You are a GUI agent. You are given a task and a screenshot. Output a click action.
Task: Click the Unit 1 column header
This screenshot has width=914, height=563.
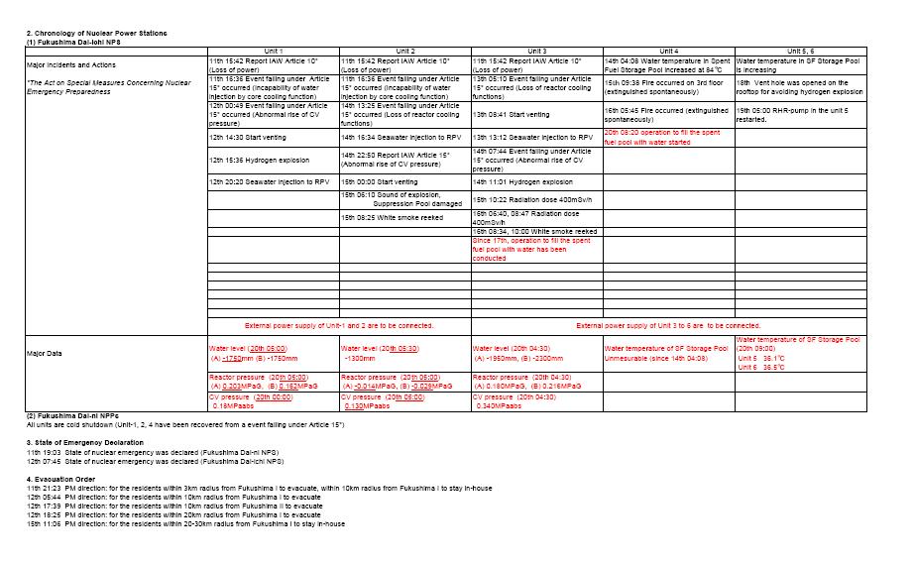point(274,51)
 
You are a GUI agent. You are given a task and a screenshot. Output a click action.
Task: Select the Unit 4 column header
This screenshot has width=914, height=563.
point(669,51)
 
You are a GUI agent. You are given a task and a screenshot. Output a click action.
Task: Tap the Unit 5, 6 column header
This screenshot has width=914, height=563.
point(801,51)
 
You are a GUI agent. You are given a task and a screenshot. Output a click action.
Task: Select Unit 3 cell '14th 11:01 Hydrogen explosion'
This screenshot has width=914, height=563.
point(522,182)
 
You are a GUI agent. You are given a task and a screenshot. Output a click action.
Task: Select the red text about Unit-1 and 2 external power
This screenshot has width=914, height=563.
point(339,325)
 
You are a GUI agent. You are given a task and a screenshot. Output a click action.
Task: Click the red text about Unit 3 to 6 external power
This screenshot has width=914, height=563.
point(669,325)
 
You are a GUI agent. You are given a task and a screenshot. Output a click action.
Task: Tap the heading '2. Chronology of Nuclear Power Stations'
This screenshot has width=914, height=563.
point(96,34)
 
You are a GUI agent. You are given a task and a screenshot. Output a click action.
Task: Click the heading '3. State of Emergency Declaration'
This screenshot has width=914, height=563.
point(85,442)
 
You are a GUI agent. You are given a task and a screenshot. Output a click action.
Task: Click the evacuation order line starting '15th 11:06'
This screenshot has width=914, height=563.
point(185,523)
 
